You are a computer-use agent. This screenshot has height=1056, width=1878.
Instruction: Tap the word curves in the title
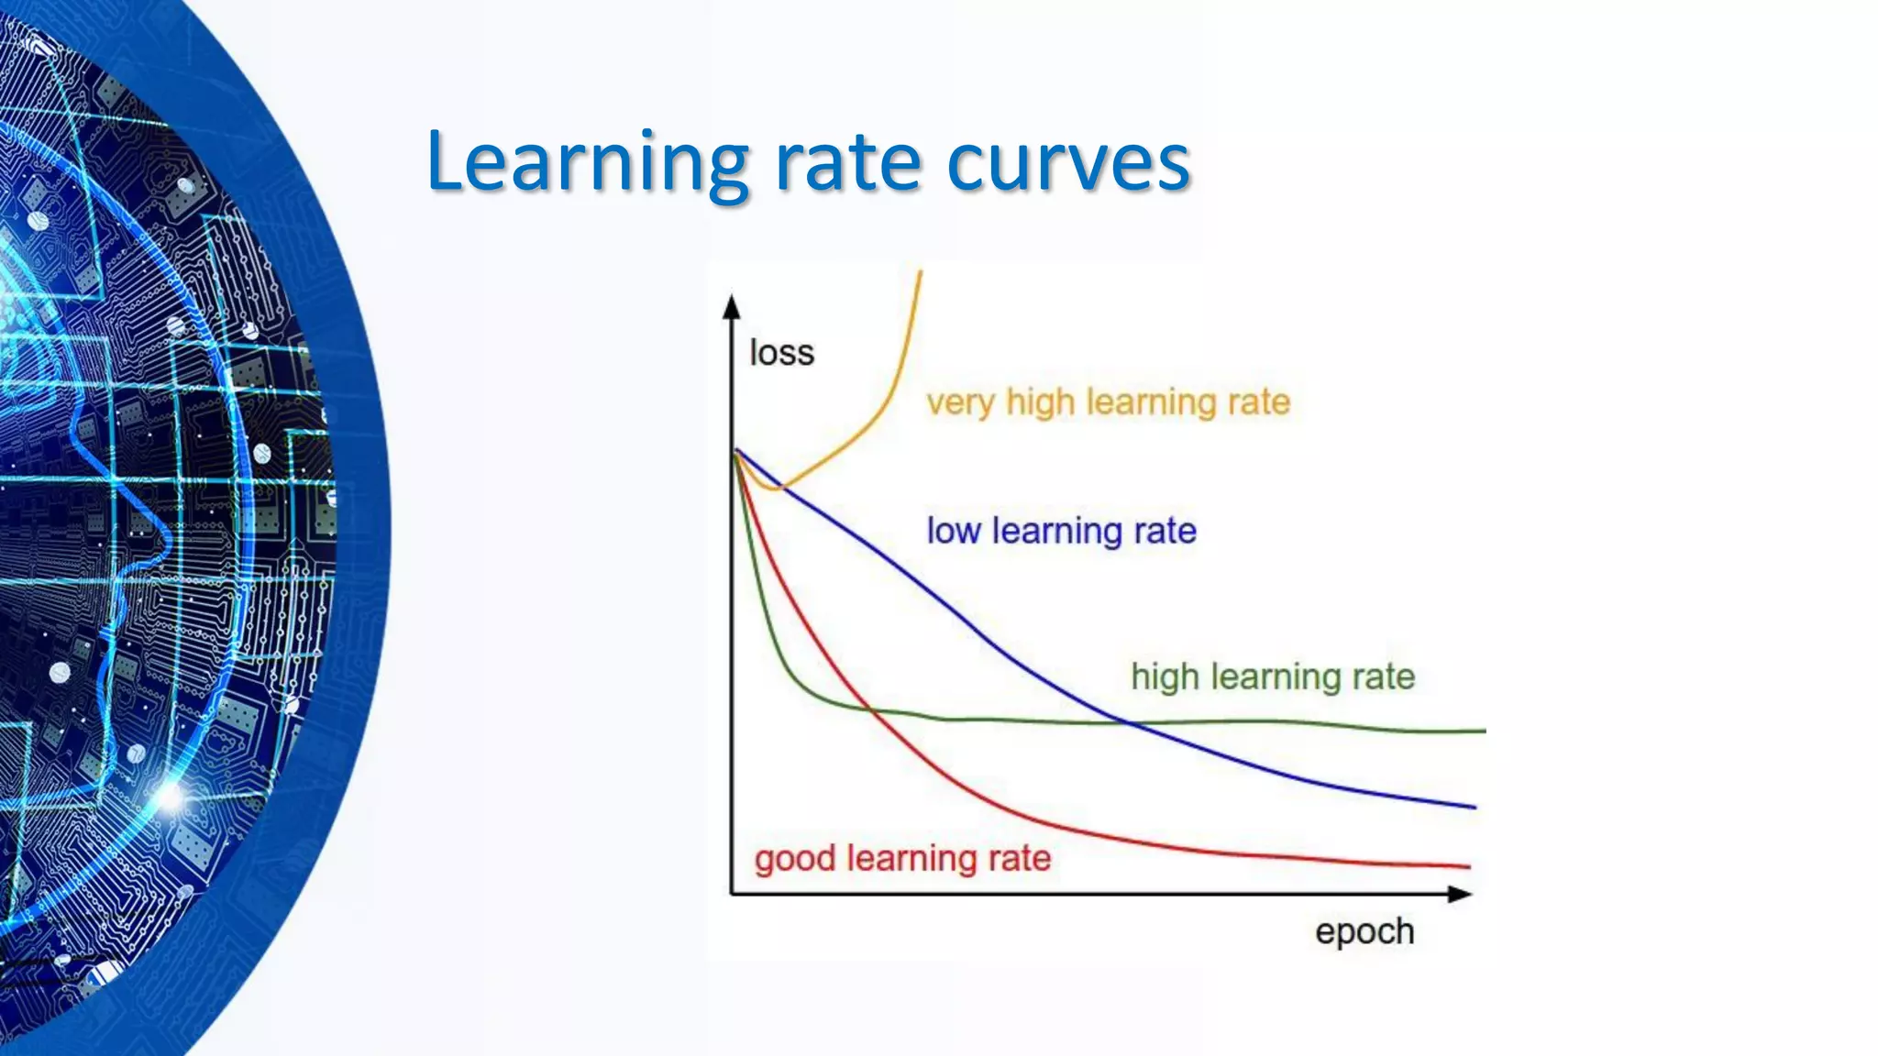(1067, 163)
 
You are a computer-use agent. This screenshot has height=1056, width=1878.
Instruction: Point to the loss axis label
(781, 353)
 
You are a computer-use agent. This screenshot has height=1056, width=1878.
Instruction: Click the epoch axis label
(1364, 931)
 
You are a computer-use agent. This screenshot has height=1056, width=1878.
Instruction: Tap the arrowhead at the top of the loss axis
(731, 306)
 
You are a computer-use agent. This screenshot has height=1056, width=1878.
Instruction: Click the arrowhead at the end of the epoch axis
(1460, 894)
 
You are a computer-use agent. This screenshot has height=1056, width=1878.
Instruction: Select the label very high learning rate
(1108, 401)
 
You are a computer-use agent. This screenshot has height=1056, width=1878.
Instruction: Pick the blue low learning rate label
(1061, 531)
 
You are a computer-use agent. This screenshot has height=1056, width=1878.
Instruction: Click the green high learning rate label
(1273, 676)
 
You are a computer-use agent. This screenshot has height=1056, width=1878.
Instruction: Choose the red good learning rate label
(902, 859)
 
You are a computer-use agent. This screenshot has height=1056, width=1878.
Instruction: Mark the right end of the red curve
(1469, 865)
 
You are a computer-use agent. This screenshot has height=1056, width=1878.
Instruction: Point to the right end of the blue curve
(1475, 807)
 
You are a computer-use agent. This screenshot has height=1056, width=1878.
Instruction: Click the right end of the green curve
(1484, 731)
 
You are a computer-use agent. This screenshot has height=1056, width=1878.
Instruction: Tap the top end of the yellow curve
(920, 272)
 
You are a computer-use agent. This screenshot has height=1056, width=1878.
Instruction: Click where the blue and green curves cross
(1132, 723)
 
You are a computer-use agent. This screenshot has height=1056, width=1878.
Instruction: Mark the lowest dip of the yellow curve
(775, 489)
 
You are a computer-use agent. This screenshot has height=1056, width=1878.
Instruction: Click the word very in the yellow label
(959, 402)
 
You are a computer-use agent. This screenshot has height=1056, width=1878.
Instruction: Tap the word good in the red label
(794, 860)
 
